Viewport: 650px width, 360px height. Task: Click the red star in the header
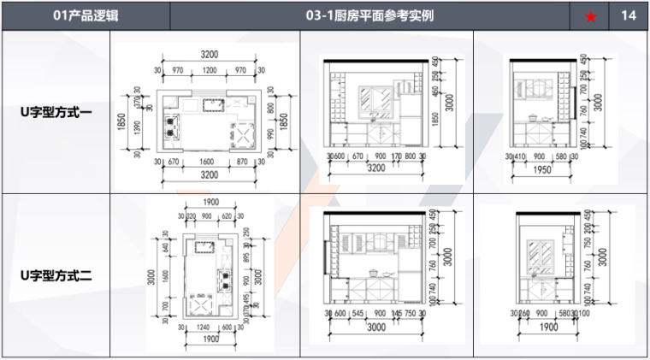(590, 16)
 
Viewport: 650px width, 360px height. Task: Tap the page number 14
(629, 15)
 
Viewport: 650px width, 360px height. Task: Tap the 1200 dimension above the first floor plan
(210, 70)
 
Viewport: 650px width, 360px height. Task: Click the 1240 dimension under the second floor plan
(204, 326)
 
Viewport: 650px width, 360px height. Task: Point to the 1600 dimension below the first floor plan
(206, 161)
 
